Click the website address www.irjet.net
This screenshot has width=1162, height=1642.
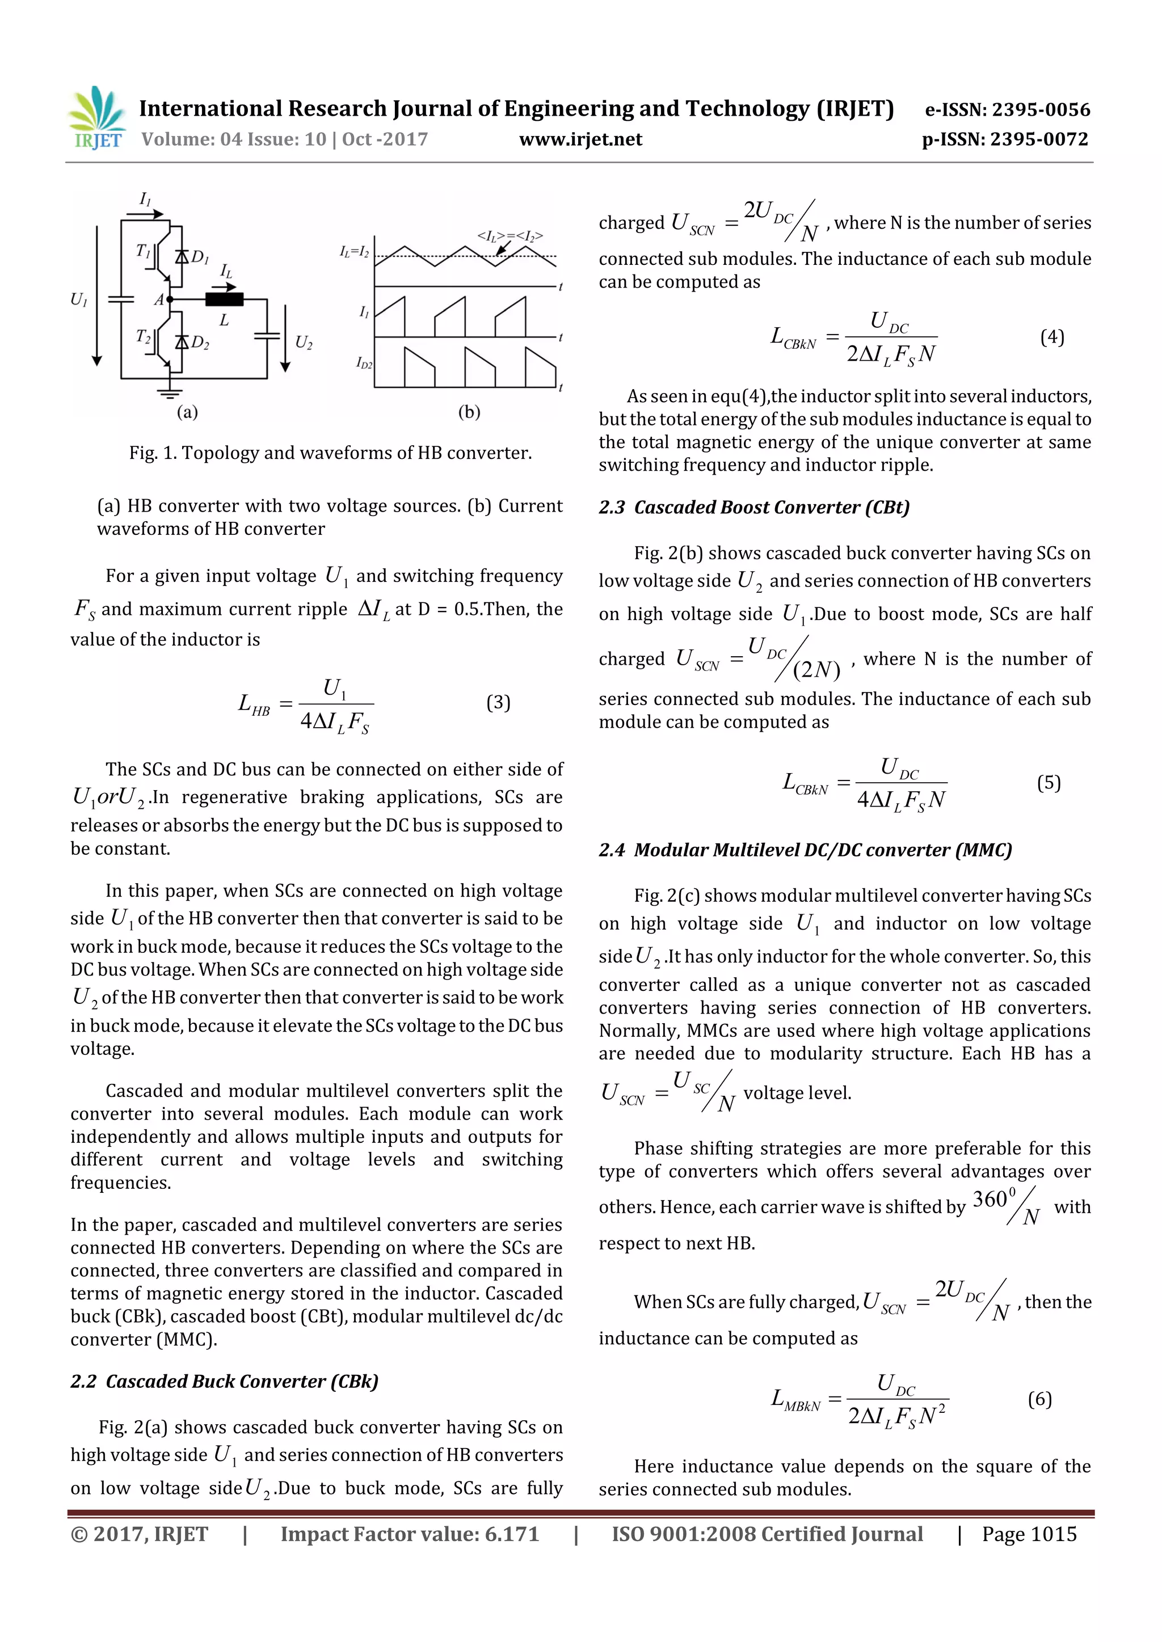580,140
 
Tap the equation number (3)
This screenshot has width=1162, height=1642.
498,702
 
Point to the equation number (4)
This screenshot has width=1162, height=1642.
1052,337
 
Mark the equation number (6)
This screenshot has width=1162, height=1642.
1039,1398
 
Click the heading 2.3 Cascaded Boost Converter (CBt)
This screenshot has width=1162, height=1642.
754,507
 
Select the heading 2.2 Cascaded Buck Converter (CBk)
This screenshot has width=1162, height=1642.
224,1381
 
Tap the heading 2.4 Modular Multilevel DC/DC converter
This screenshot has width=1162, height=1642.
805,850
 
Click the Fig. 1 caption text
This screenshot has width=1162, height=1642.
330,453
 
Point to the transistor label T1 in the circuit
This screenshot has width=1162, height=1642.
143,250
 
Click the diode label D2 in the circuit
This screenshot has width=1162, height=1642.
200,343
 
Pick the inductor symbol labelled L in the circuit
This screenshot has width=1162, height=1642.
224,299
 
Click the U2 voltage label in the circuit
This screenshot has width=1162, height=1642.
304,343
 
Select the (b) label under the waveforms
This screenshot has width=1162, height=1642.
469,412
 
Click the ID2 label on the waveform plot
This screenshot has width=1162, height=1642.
364,364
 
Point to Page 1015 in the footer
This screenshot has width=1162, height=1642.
1028,1534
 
